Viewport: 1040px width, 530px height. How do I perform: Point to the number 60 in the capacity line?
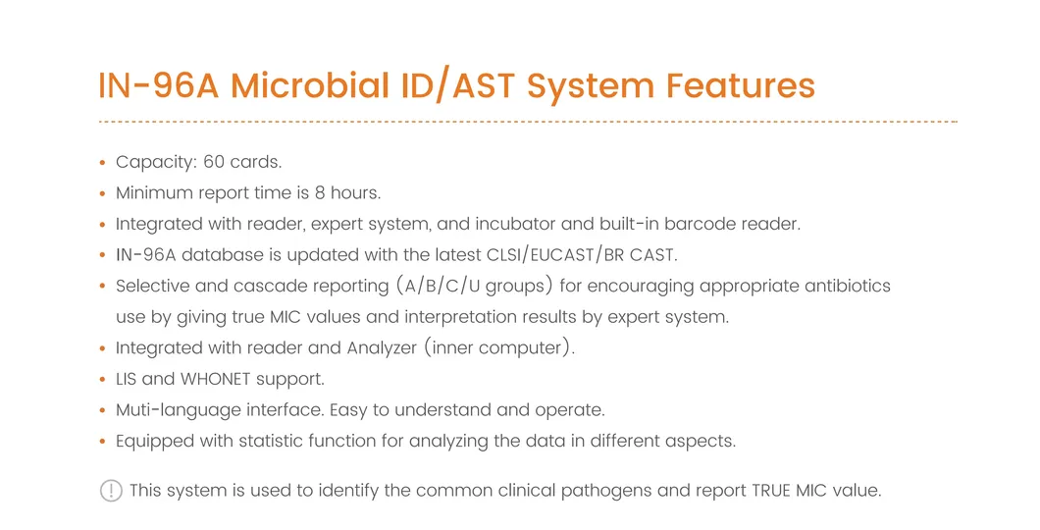point(214,162)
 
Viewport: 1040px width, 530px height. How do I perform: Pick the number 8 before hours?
point(322,192)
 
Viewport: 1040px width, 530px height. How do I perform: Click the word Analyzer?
point(383,348)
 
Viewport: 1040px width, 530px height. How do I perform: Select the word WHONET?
point(215,379)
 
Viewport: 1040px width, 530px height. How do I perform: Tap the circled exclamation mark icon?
point(111,491)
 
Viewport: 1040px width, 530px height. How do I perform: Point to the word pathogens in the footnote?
point(606,491)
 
